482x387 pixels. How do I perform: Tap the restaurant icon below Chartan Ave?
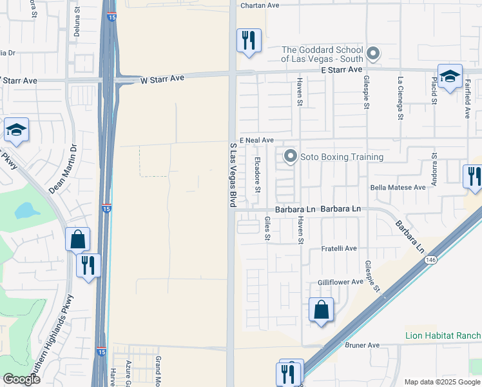[x=248, y=41]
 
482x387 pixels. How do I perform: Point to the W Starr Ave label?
[x=162, y=78]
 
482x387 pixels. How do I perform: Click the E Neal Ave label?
[x=256, y=140]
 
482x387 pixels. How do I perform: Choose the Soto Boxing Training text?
[x=342, y=157]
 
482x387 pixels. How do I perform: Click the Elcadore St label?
[x=257, y=175]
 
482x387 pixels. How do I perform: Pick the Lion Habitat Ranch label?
[x=443, y=335]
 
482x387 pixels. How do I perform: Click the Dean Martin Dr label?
[x=63, y=168]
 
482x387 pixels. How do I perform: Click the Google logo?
[x=21, y=379]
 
